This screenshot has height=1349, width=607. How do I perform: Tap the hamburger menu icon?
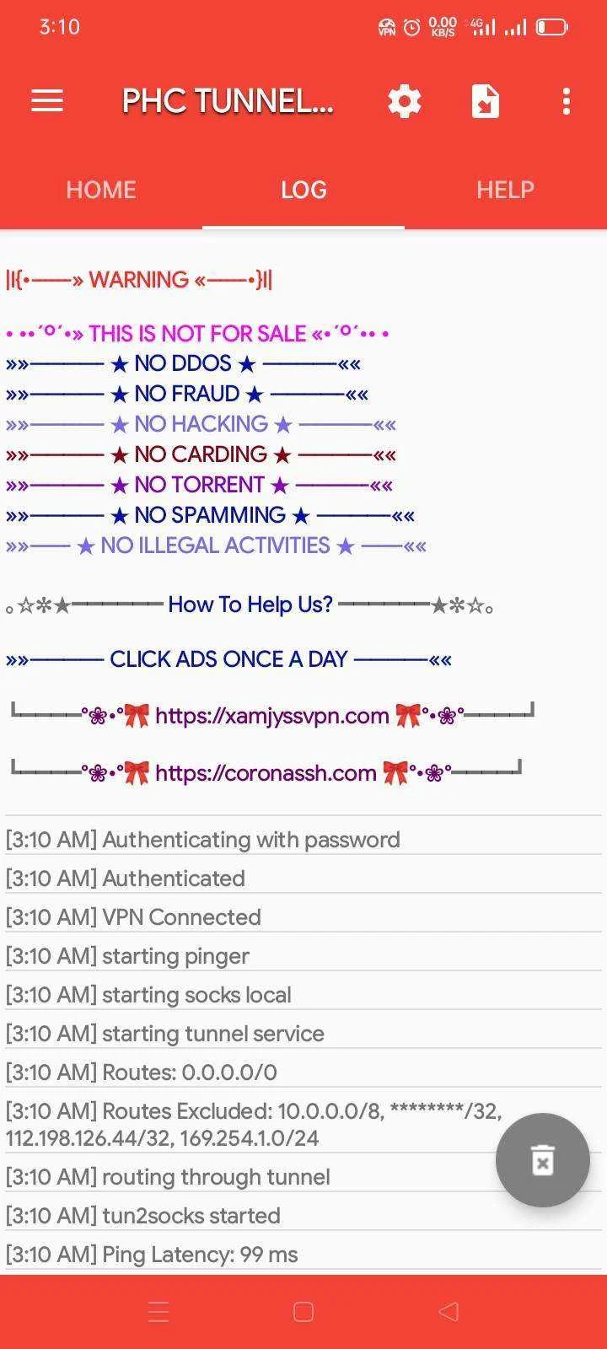[47, 100]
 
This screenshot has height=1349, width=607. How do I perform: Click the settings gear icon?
[405, 101]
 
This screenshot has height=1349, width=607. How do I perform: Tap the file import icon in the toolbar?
[486, 101]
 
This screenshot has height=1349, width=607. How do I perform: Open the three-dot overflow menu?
[566, 101]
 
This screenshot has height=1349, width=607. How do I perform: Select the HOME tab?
[101, 190]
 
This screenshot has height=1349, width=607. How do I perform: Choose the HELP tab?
[505, 190]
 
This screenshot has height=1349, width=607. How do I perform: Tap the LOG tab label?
[303, 190]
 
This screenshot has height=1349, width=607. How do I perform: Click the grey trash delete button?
[543, 1159]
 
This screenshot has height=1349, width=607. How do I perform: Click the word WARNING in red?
[138, 279]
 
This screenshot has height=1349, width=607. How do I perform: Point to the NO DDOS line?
[183, 363]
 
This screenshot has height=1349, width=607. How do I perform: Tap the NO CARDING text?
[201, 454]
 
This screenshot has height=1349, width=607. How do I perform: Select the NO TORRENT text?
[199, 484]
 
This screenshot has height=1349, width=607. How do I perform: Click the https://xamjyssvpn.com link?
[272, 716]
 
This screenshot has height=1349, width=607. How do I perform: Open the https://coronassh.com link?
[266, 772]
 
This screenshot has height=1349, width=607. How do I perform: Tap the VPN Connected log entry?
[133, 917]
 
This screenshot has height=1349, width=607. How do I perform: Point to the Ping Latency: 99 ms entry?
[152, 1255]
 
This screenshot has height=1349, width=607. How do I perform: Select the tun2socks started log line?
[143, 1215]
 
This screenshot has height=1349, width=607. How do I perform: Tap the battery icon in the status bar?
[551, 26]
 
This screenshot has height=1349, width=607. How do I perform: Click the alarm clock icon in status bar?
[412, 26]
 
